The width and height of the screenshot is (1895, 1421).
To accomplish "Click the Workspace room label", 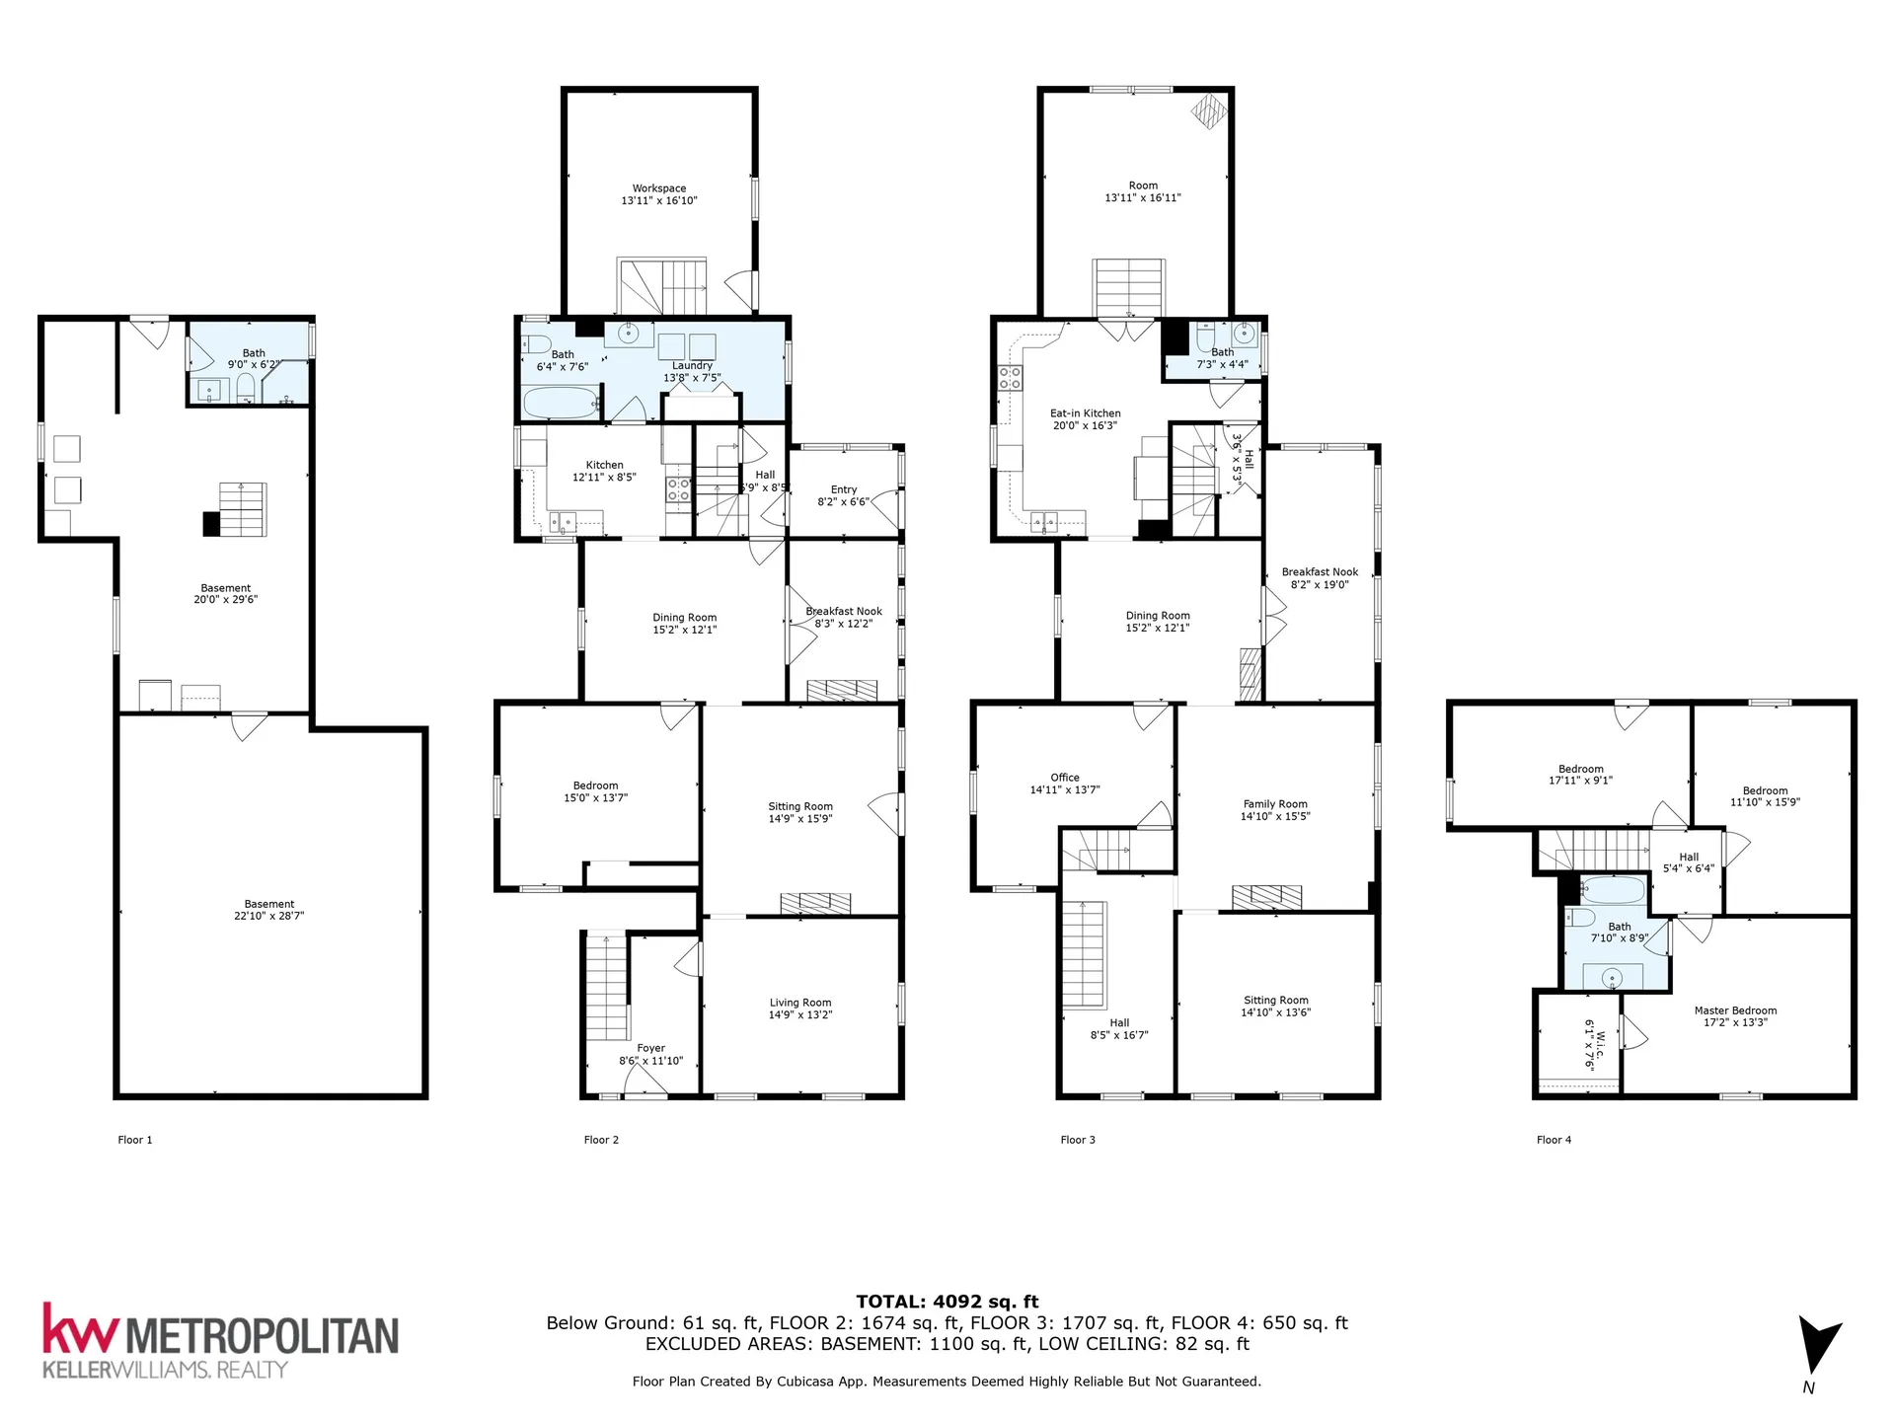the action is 659,188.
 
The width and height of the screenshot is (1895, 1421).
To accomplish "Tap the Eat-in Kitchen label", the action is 1086,413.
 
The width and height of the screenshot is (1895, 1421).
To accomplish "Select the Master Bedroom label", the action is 1735,1010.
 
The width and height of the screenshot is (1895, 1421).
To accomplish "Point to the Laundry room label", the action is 692,365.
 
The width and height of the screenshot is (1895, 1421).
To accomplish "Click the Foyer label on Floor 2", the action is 651,1048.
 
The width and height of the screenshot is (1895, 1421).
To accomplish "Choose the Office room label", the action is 1065,778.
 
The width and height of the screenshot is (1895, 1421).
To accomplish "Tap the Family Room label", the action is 1275,804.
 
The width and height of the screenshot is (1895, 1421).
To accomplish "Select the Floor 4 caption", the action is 1554,1140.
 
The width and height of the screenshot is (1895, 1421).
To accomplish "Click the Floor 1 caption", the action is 135,1140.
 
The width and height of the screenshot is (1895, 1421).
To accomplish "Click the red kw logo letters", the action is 81,1328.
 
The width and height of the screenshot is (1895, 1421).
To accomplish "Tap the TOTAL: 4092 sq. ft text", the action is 947,1302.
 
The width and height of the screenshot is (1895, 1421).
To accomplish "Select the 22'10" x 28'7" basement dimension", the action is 269,916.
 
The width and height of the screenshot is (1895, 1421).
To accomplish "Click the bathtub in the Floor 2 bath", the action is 561,403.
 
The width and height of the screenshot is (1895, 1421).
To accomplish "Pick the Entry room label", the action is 844,489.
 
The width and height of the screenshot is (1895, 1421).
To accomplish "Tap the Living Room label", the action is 800,1003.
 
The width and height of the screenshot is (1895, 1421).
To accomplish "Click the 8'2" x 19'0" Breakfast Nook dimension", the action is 1320,584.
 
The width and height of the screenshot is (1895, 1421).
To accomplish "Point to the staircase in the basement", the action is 243,509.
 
